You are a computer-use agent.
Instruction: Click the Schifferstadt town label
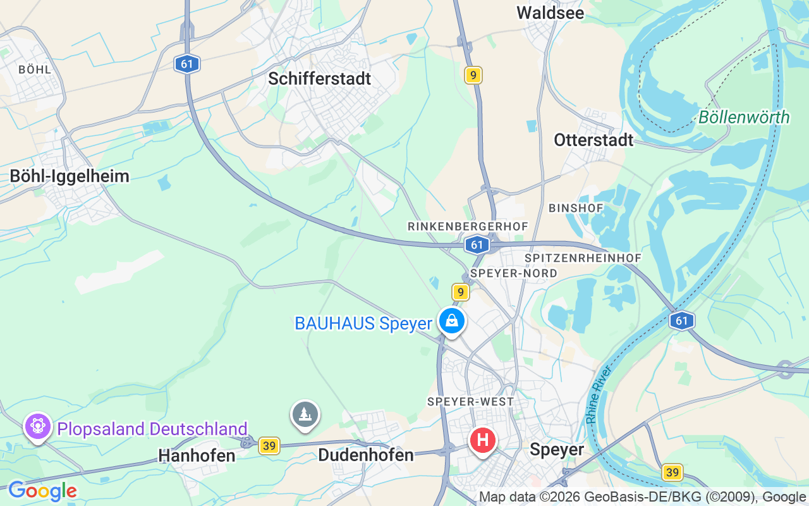[319, 78]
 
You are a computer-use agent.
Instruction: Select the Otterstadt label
[593, 140]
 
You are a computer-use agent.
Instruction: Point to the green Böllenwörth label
[744, 117]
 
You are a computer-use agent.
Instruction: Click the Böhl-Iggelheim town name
[70, 176]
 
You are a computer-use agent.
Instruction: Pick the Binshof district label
[576, 208]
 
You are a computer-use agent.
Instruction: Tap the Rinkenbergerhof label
[468, 226]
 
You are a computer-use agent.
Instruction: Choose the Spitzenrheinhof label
[583, 258]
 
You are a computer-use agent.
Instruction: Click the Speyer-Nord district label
[514, 273]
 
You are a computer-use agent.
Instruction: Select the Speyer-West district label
[470, 402]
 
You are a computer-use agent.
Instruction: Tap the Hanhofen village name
[197, 455]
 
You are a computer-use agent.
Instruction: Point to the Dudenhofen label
[366, 455]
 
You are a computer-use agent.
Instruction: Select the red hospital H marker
[483, 440]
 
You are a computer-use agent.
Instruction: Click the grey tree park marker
[305, 414]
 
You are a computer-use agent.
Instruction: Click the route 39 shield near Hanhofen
[269, 446]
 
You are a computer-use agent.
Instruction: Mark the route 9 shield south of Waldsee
[473, 75]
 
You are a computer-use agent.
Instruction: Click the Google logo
[42, 491]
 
